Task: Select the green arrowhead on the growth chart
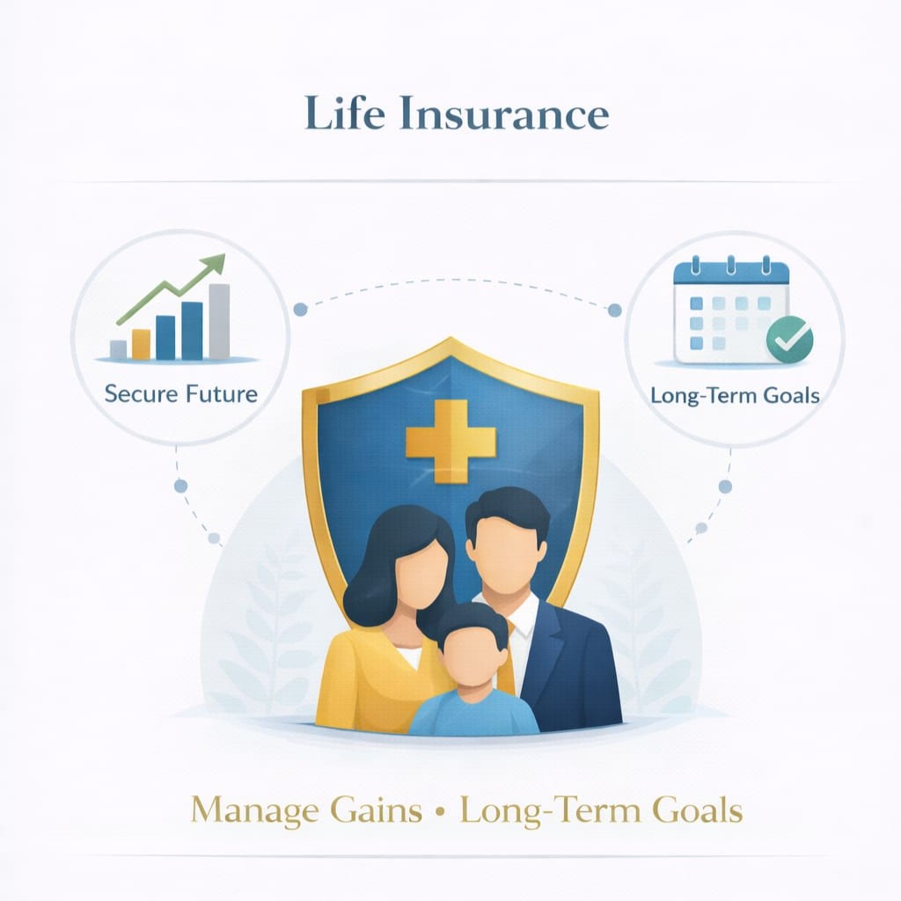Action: pos(213,264)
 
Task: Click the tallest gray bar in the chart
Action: pos(219,321)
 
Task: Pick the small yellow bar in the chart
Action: pos(141,344)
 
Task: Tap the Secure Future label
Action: pos(180,392)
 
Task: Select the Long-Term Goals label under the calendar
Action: pos(735,394)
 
